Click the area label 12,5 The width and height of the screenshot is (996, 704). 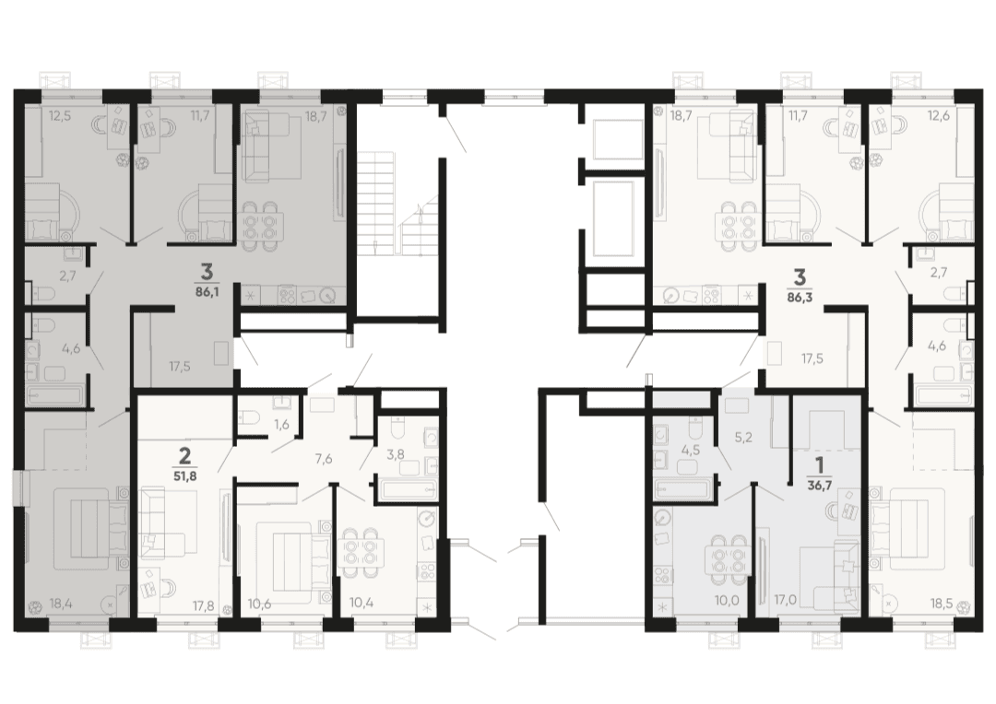60,115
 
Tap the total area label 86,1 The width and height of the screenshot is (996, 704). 207,293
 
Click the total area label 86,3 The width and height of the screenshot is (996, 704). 800,296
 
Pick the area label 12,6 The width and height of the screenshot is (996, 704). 939,115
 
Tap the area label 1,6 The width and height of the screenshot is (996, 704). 281,425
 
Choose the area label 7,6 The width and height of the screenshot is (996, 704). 324,460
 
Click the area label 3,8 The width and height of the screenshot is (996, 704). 396,453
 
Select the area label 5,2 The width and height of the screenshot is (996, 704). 743,438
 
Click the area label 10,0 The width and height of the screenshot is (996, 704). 727,599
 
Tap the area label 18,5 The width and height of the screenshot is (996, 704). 940,603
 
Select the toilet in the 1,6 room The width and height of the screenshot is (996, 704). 249,418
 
